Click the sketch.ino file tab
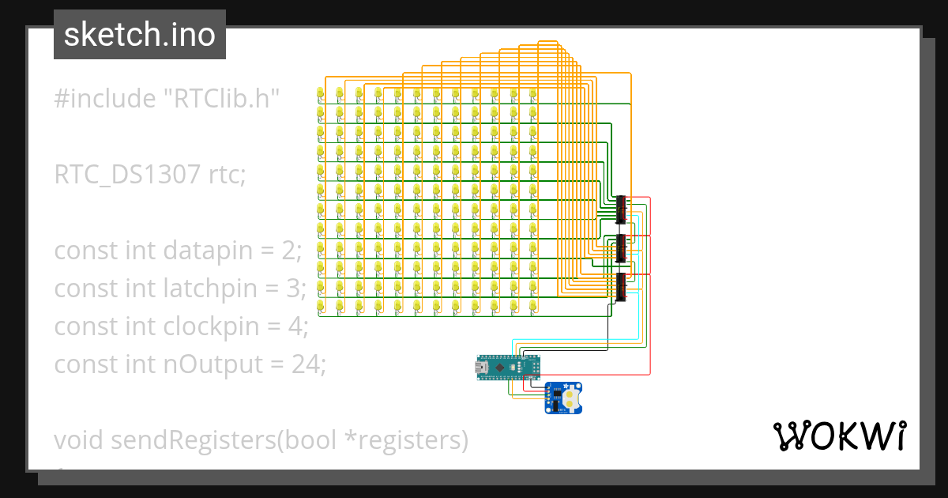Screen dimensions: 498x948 click(x=139, y=35)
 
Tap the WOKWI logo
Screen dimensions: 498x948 click(x=838, y=436)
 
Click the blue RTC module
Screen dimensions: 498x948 click(x=564, y=398)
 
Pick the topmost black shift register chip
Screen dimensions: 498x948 click(x=621, y=209)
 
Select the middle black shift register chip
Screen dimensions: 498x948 click(x=621, y=248)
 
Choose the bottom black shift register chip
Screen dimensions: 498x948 click(x=621, y=286)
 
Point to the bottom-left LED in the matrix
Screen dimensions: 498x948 click(x=320, y=305)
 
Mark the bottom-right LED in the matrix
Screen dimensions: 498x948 click(x=533, y=305)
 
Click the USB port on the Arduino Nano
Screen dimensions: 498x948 click(x=480, y=366)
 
